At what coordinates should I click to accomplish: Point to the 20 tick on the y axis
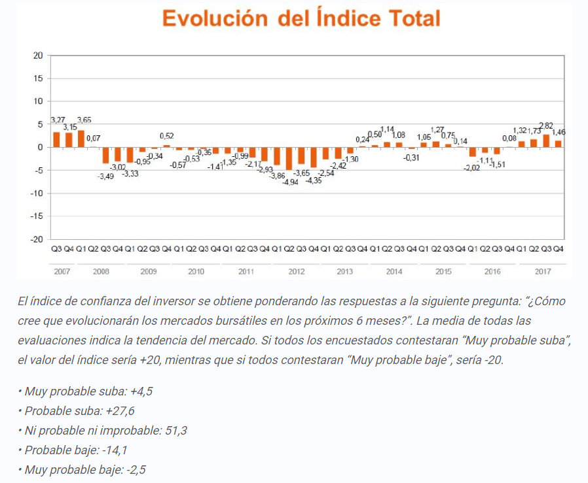click(38, 56)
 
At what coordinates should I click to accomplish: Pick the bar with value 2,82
click(546, 141)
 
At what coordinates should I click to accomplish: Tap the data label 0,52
click(166, 136)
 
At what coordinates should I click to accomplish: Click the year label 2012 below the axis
click(296, 271)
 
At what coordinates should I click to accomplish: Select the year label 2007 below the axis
click(62, 271)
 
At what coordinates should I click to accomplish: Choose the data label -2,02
click(471, 168)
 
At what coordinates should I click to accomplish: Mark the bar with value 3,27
click(56, 139)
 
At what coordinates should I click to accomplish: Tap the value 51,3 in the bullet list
click(172, 431)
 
